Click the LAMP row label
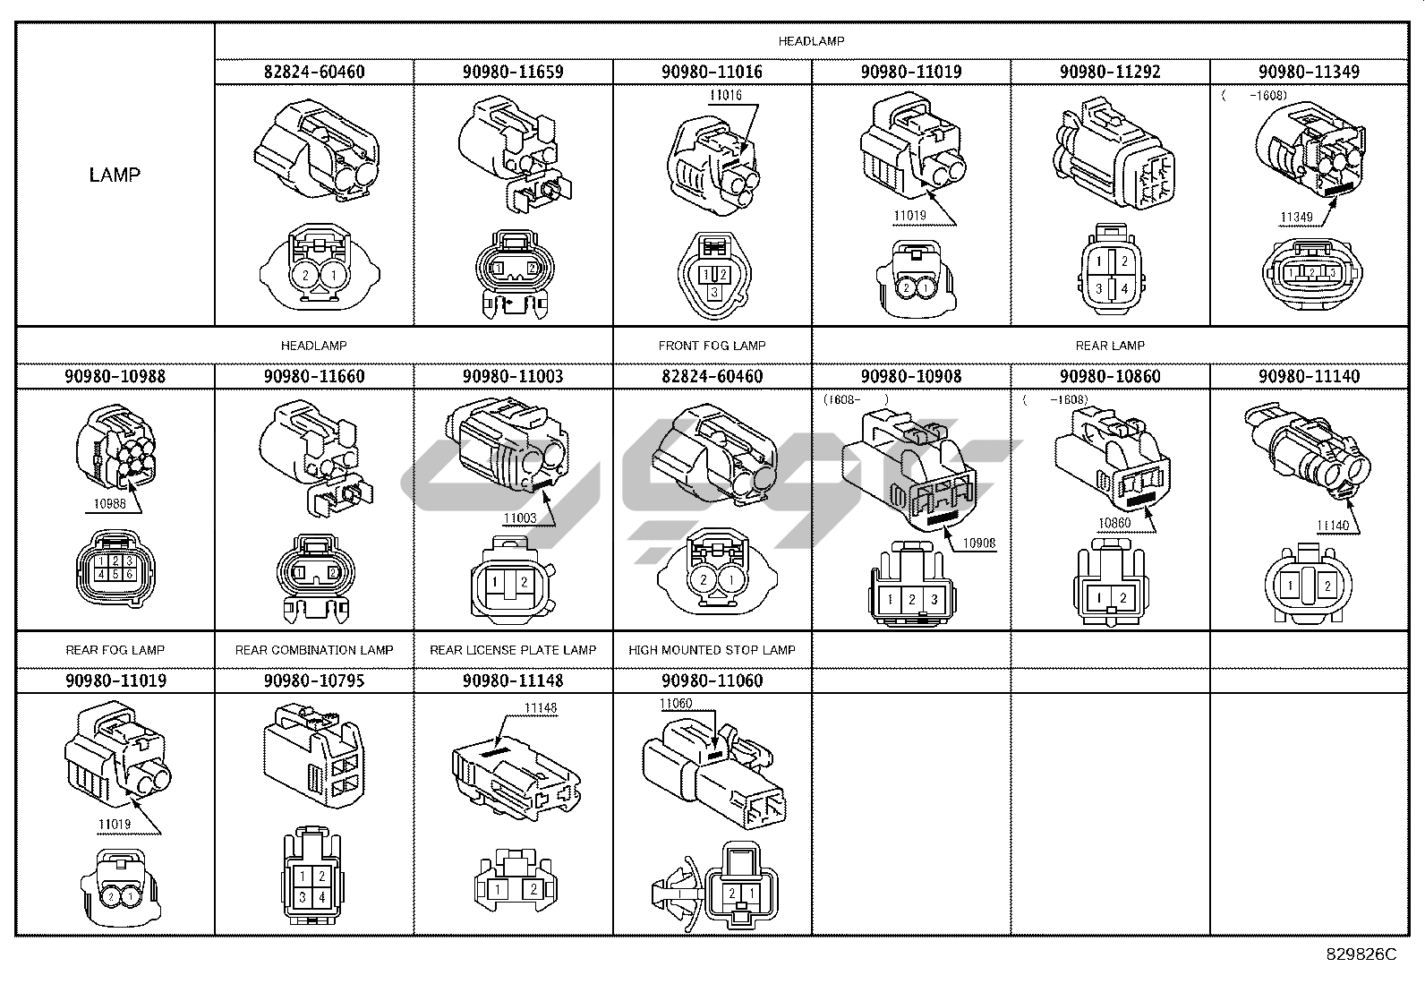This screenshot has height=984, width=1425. coord(115,175)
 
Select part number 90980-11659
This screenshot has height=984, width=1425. coord(513,72)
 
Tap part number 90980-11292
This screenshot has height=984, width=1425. coord(1110,72)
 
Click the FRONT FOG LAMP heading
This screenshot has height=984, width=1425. coord(712,346)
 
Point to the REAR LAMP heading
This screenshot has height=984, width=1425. coord(1110,346)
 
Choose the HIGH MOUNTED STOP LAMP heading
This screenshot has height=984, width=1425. coord(712,650)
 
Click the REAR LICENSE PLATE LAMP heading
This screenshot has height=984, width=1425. coord(513,650)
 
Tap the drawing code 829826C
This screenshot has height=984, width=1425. coord(1361,954)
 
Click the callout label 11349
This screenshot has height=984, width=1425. coord(1296,218)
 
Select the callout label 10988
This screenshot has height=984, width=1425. coord(110,504)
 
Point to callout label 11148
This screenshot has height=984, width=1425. coord(541,707)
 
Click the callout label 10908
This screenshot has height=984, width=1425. coord(979,543)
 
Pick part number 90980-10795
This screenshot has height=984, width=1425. coord(314,680)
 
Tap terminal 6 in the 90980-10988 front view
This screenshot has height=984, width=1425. coord(130,574)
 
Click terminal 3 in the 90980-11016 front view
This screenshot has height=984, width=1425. coord(712,292)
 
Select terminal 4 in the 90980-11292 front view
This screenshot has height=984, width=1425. coord(1123,289)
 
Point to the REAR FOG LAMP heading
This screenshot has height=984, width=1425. coord(115,650)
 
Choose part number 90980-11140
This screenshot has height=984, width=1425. coord(1309,376)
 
